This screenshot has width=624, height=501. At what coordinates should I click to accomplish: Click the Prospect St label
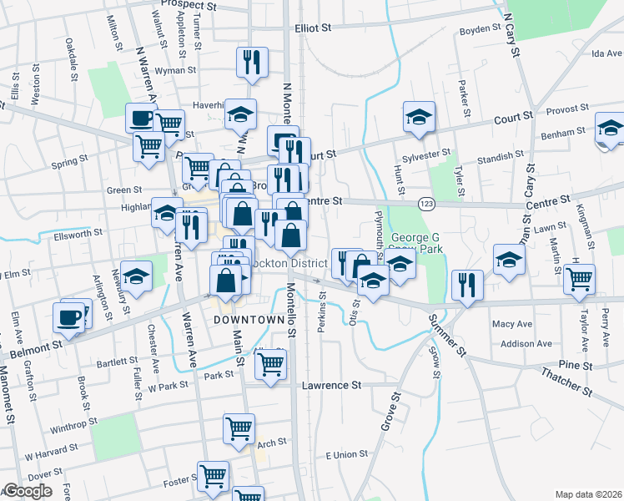pyautogui.click(x=188, y=6)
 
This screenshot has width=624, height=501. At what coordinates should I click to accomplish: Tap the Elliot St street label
pyautogui.click(x=313, y=28)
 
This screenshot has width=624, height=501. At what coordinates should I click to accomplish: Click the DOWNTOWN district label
pyautogui.click(x=249, y=320)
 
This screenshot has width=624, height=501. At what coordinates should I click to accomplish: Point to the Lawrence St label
pyautogui.click(x=331, y=386)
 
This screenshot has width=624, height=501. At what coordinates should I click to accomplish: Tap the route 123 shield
pyautogui.click(x=425, y=203)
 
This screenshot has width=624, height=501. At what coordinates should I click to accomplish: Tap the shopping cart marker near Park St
pyautogui.click(x=270, y=364)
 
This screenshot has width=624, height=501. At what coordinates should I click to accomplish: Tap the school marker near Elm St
pyautogui.click(x=135, y=275)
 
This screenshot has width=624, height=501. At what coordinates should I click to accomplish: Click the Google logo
pyautogui.click(x=28, y=492)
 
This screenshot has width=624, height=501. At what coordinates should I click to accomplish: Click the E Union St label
pyautogui.click(x=346, y=453)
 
